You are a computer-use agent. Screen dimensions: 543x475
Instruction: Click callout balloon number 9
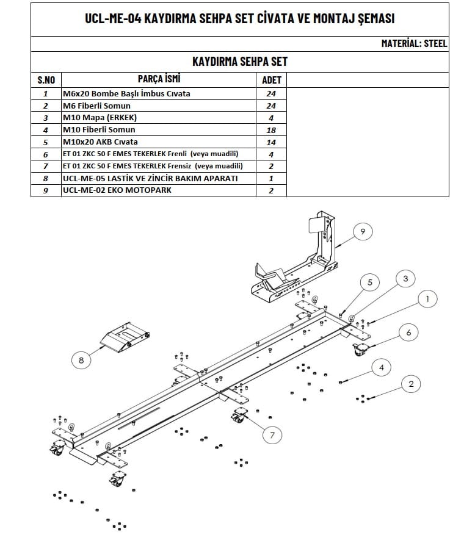tap(362, 231)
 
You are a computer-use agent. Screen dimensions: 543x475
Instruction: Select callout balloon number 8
tap(81, 360)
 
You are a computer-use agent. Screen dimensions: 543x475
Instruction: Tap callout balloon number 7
tap(272, 434)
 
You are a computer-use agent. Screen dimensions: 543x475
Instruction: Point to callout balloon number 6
tap(408, 332)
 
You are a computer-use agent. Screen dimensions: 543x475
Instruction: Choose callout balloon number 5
tap(369, 282)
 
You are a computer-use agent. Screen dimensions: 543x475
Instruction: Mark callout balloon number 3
tap(405, 279)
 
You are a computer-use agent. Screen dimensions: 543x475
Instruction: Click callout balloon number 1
tap(427, 298)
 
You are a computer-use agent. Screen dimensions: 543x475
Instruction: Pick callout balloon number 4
tap(381, 367)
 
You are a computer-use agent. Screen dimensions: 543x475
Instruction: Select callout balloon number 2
tap(411, 384)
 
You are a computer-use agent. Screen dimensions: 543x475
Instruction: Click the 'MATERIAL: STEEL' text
tap(414, 43)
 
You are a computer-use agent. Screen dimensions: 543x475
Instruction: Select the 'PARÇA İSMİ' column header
tap(159, 79)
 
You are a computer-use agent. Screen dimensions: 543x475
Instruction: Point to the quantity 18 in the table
tap(271, 130)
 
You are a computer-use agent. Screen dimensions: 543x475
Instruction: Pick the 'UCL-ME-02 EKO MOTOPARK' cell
tap(117, 190)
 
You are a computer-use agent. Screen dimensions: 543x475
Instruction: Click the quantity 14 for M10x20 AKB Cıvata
tap(271, 142)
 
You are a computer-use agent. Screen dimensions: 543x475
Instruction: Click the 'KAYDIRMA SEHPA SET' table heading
tap(239, 62)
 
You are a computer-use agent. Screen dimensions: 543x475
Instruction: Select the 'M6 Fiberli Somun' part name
tap(96, 106)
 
